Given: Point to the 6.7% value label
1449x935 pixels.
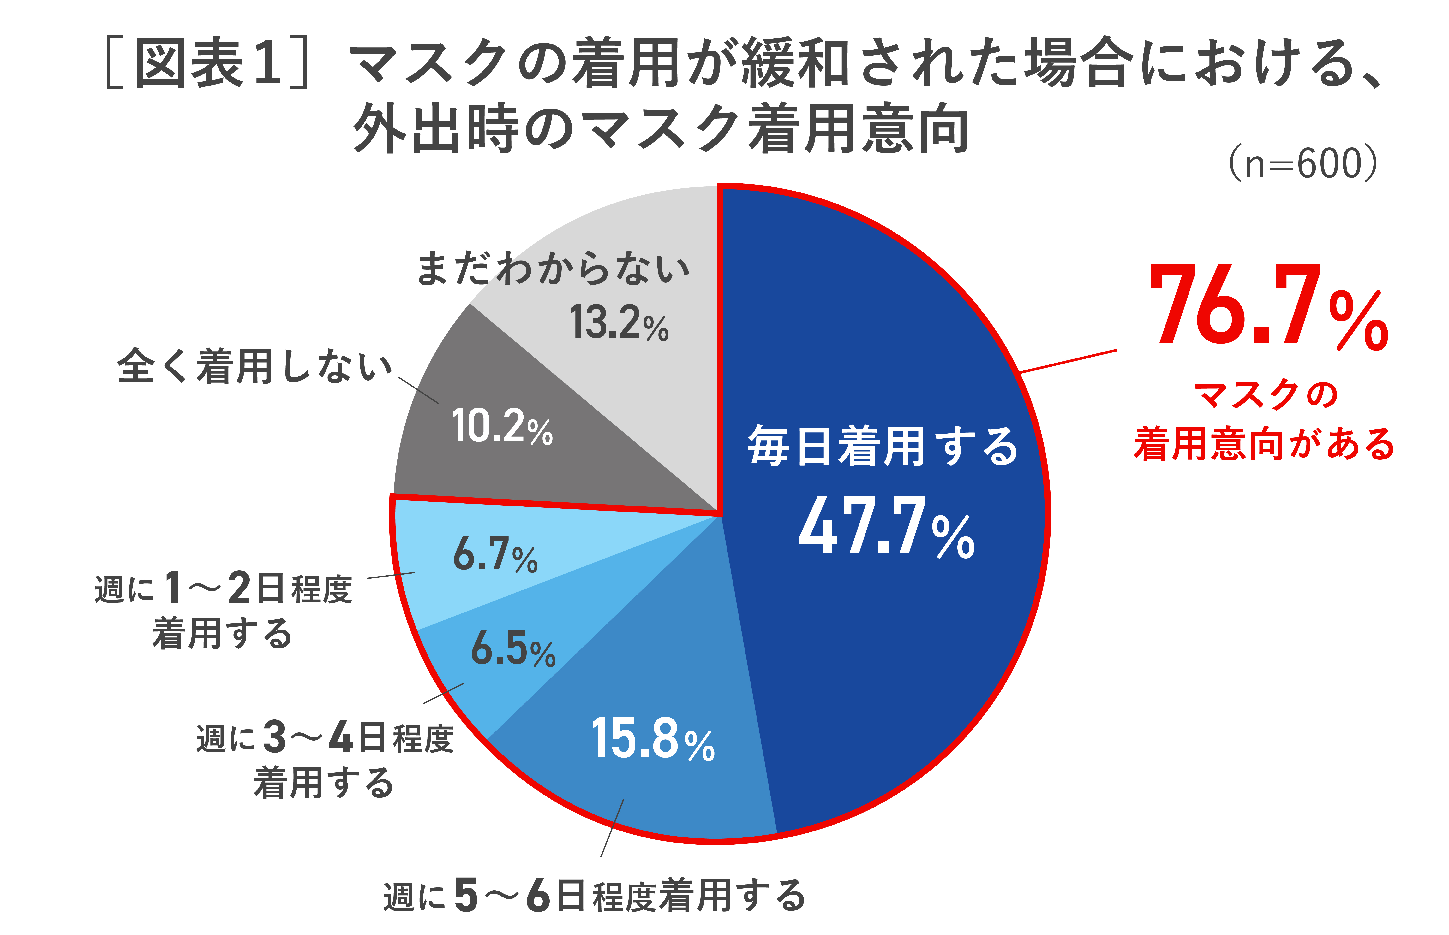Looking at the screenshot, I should (x=495, y=554).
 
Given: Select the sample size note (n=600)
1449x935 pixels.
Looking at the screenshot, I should (x=1303, y=164).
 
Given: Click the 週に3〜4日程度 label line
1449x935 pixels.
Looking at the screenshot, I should (x=325, y=738).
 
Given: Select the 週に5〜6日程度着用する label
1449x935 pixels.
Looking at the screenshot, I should (x=594, y=896).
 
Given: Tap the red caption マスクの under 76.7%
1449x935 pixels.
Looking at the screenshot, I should (x=1266, y=395).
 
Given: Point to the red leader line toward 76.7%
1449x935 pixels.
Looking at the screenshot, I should (x=1069, y=361).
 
